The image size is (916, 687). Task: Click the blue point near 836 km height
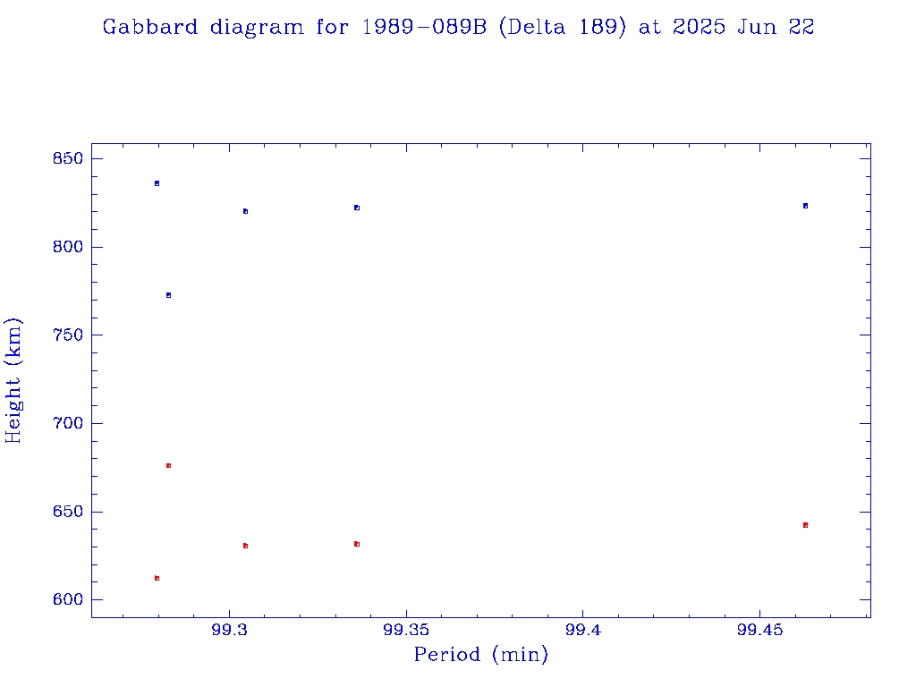point(157,183)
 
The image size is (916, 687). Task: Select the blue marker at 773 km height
point(168,295)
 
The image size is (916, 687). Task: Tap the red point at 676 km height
point(168,466)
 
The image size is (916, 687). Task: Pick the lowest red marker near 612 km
point(157,579)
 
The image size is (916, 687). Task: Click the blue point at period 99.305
point(245,211)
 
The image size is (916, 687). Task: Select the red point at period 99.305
point(245,546)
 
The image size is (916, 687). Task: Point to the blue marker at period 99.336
point(357,208)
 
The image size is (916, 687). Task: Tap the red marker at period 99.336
point(357,544)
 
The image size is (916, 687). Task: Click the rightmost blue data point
point(805,206)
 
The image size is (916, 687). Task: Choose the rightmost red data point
point(805,525)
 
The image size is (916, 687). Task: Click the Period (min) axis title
point(480,656)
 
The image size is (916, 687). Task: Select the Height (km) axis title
point(14,380)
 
